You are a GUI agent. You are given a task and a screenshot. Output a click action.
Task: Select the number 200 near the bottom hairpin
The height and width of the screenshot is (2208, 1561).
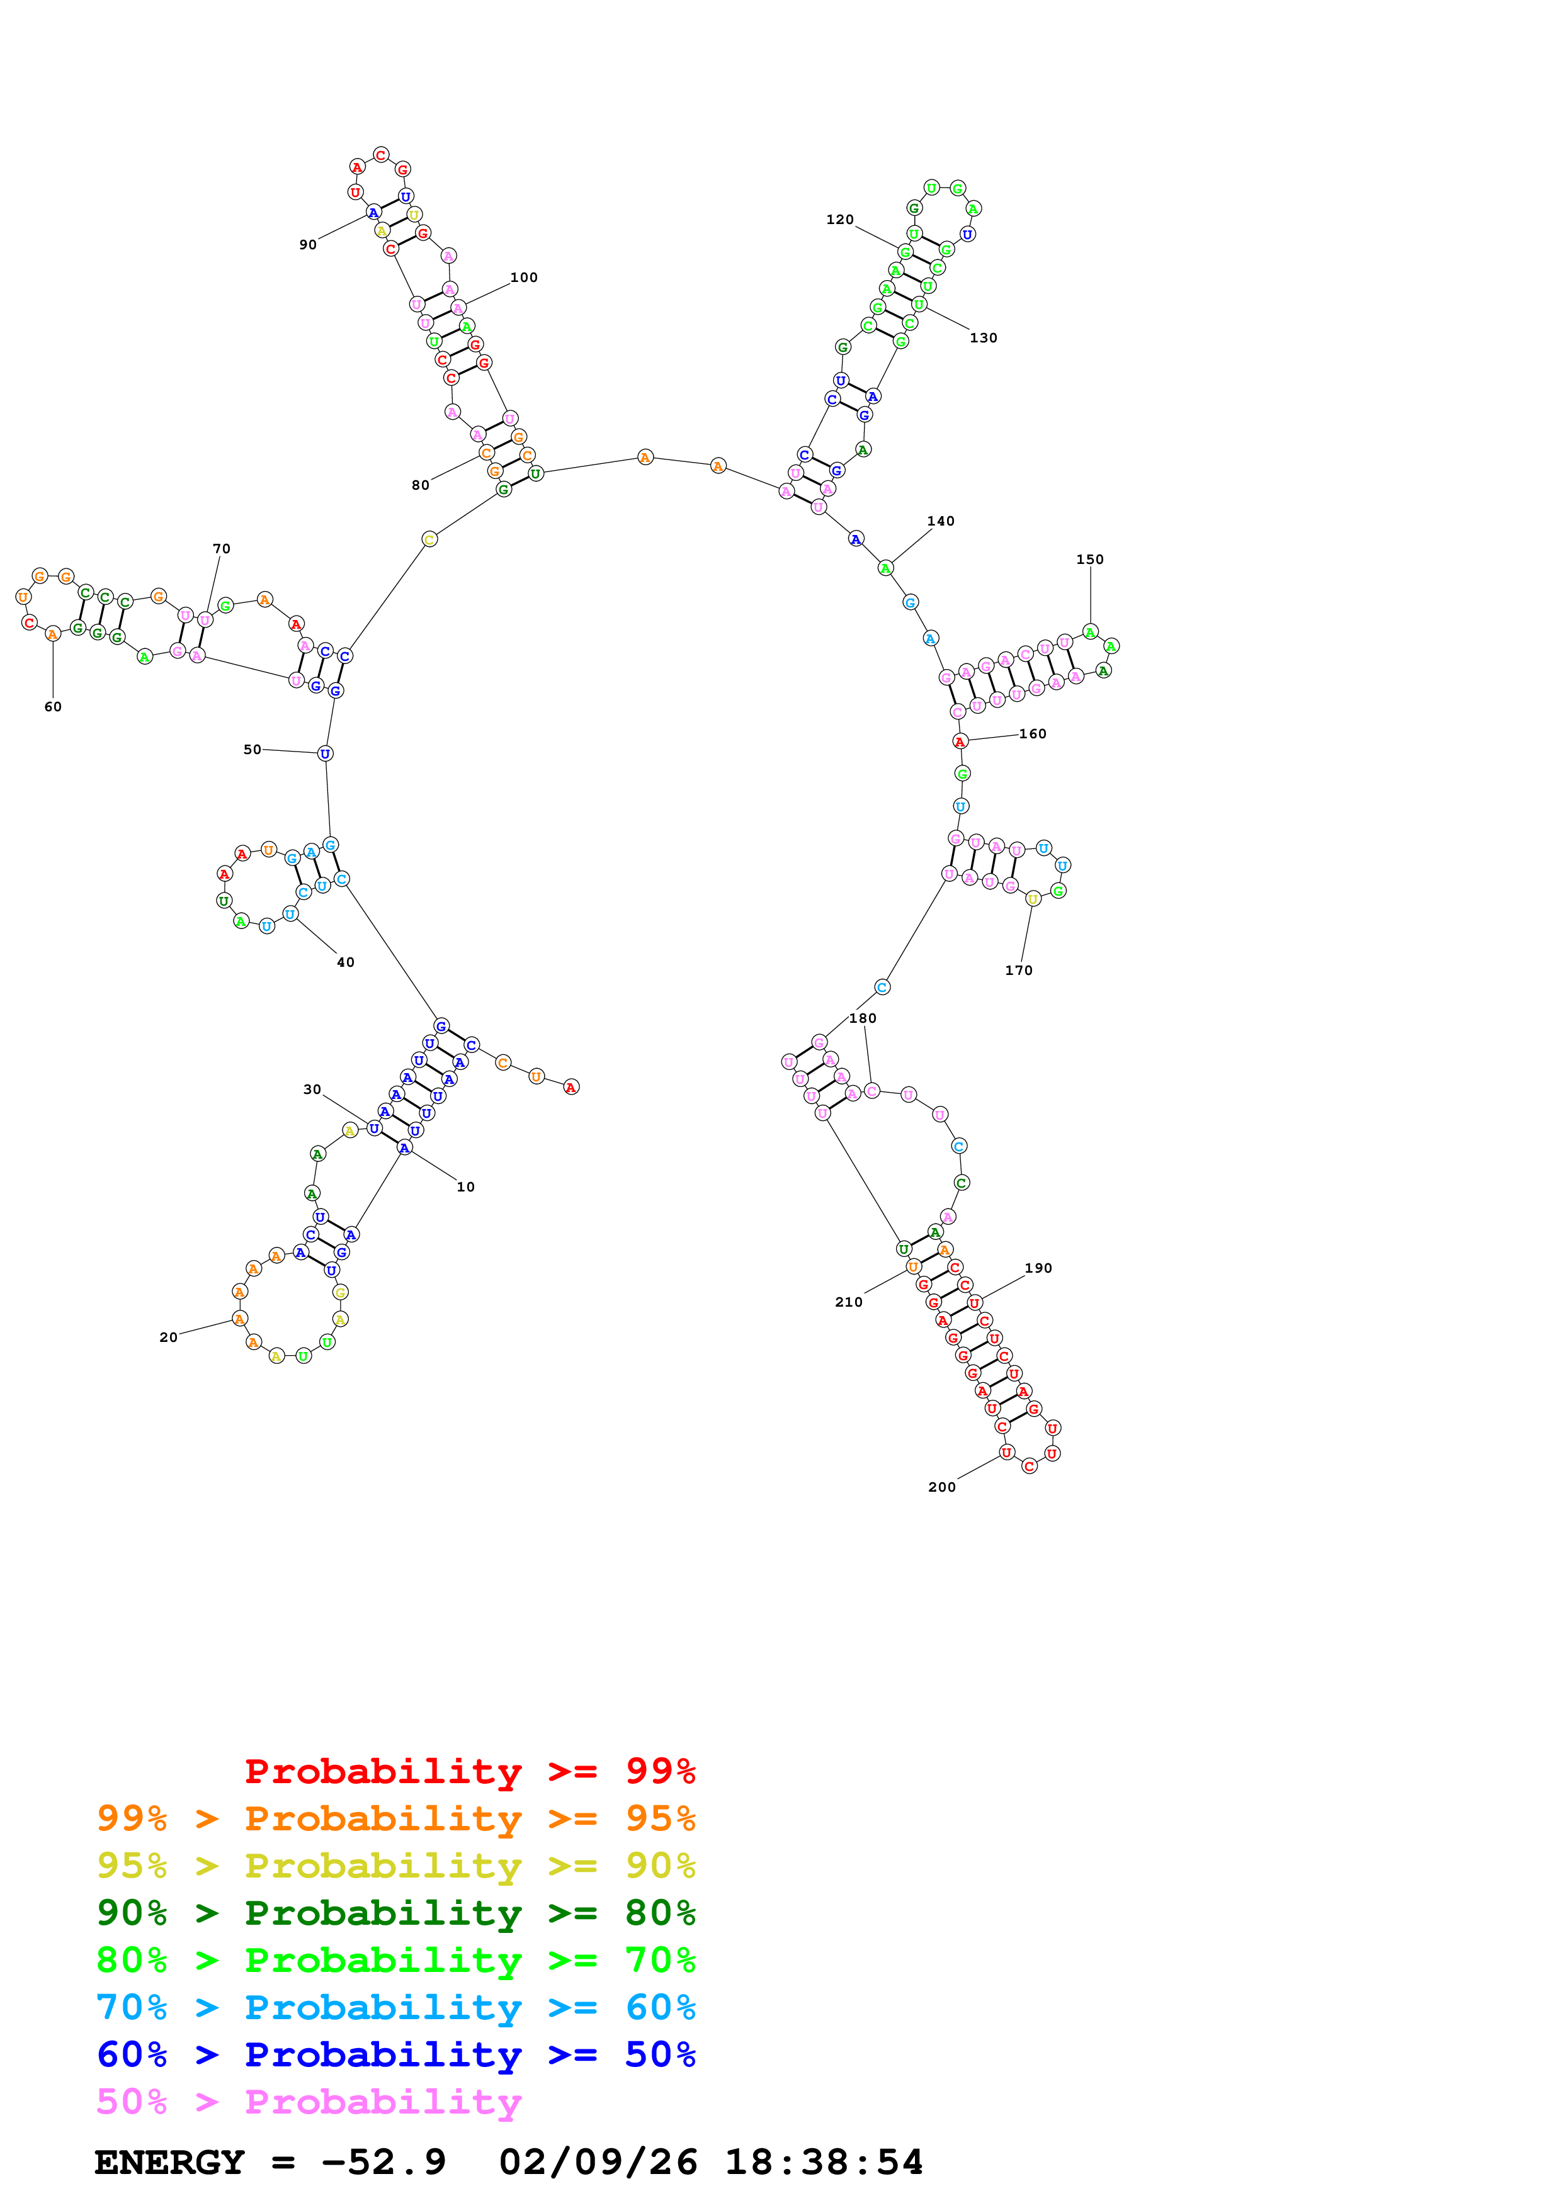pyautogui.click(x=941, y=1487)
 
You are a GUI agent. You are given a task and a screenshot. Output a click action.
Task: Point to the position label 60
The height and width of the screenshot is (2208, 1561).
pyautogui.click(x=53, y=707)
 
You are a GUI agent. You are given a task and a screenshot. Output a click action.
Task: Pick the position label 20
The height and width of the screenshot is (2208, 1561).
pyautogui.click(x=168, y=1337)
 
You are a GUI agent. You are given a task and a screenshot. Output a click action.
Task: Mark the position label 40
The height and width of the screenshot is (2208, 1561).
pyautogui.click(x=345, y=962)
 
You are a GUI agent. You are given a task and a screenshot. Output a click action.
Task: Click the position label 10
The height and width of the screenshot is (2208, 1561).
pyautogui.click(x=465, y=1186)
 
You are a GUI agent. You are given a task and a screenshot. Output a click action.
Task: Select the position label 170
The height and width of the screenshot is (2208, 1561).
pyautogui.click(x=1019, y=971)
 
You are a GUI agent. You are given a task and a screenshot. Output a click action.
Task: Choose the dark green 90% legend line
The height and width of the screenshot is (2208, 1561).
pyautogui.click(x=395, y=1913)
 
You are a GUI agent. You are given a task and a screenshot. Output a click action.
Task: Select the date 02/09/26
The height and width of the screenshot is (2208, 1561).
pyautogui.click(x=598, y=2162)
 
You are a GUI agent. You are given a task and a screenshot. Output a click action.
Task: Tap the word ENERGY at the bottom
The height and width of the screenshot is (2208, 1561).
pyautogui.click(x=169, y=2162)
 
